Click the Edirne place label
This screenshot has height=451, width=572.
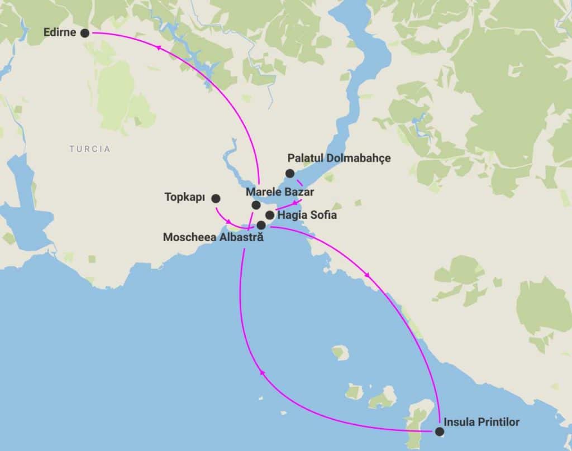click(x=60, y=33)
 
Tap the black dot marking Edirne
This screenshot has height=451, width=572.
click(x=85, y=33)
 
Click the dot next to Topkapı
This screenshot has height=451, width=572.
click(x=216, y=198)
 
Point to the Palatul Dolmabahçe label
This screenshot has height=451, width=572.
click(x=339, y=159)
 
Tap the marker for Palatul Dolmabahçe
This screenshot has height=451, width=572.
click(x=289, y=173)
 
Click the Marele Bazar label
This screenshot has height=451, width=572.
click(x=280, y=192)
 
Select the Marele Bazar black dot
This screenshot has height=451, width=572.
click(x=256, y=205)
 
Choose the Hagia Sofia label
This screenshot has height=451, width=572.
click(x=307, y=215)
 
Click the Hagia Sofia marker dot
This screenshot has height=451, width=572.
click(x=269, y=215)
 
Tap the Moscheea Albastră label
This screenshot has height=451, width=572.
click(x=213, y=237)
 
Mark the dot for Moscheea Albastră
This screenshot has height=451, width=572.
click(x=261, y=225)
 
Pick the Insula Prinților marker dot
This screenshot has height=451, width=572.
click(x=440, y=431)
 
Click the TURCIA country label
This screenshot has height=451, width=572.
click(x=90, y=149)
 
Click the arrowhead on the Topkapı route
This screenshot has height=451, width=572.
click(x=228, y=222)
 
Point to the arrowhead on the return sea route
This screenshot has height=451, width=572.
click(x=261, y=373)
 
